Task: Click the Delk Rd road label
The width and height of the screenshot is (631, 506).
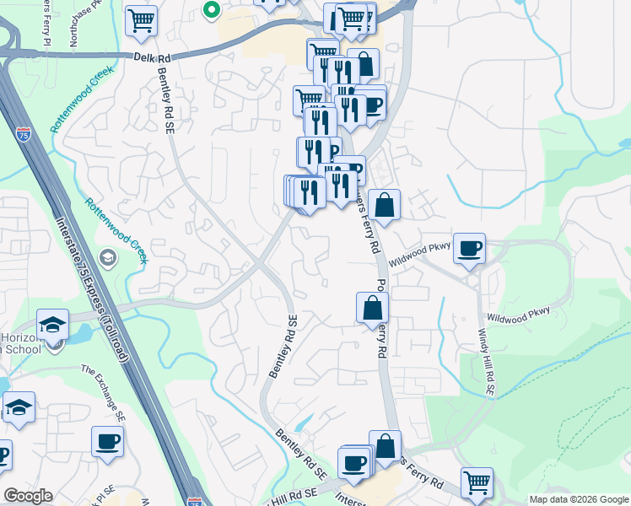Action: [152, 57]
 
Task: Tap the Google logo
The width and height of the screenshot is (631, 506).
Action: [28, 496]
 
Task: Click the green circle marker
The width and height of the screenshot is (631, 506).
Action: [212, 11]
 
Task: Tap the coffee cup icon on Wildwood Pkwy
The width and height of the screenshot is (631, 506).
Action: [469, 248]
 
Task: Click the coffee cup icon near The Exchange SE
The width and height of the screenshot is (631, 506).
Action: [107, 441]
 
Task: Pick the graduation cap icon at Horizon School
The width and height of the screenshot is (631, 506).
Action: [52, 325]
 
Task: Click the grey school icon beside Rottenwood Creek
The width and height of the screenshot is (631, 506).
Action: [107, 256]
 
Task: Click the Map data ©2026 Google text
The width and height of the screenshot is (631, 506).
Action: [578, 499]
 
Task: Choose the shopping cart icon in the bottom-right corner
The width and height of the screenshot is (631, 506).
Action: [477, 482]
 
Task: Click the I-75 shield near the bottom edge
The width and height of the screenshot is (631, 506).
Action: [195, 501]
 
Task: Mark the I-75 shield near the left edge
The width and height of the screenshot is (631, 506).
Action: [23, 133]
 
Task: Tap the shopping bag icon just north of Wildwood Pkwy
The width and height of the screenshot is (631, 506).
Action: [384, 205]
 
